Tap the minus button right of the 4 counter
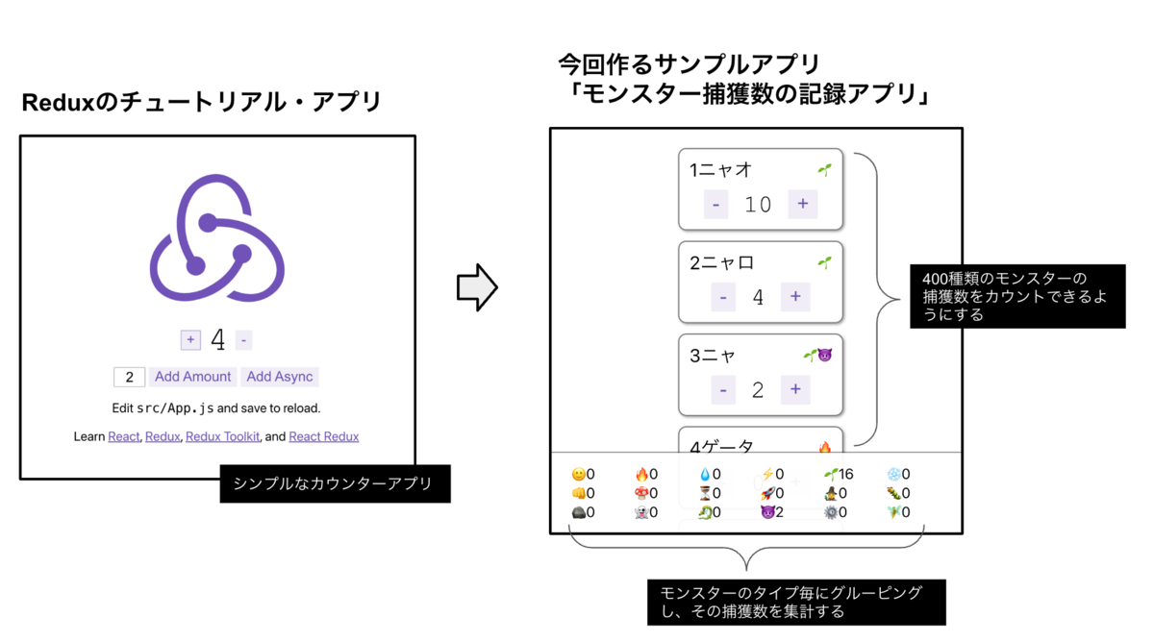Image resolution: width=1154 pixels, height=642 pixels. pyautogui.click(x=244, y=340)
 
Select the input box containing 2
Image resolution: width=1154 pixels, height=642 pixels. pyautogui.click(x=129, y=377)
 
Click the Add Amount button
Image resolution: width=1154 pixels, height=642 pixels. pyautogui.click(x=192, y=377)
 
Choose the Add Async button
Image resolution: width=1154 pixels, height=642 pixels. pyautogui.click(x=280, y=377)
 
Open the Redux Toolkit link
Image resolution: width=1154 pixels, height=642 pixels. pyautogui.click(x=222, y=436)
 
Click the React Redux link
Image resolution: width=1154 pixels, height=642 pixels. pyautogui.click(x=323, y=436)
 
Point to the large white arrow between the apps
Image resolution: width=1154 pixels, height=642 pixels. pyautogui.click(x=477, y=287)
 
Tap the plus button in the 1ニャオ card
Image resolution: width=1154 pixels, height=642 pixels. pyautogui.click(x=802, y=204)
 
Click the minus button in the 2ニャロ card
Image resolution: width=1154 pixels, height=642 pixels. pyautogui.click(x=723, y=297)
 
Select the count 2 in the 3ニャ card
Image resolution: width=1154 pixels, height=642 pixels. pyautogui.click(x=758, y=390)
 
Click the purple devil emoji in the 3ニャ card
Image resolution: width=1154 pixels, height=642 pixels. pyautogui.click(x=824, y=356)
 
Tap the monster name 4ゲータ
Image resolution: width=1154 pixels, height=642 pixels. pyautogui.click(x=722, y=447)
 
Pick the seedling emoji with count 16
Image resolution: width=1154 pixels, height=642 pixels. pyautogui.click(x=830, y=474)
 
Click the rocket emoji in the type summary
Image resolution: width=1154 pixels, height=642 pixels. pyautogui.click(x=766, y=493)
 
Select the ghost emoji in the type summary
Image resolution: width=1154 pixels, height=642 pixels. pyautogui.click(x=640, y=512)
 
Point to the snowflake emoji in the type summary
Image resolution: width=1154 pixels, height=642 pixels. pyautogui.click(x=893, y=474)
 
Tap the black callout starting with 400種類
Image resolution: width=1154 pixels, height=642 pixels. pyautogui.click(x=1016, y=297)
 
